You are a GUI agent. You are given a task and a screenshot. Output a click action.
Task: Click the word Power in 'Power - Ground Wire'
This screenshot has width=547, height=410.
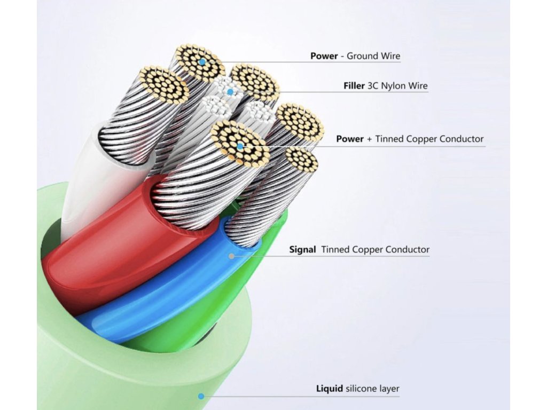click(x=324, y=56)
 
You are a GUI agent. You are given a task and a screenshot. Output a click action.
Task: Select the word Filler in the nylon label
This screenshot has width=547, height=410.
click(x=354, y=86)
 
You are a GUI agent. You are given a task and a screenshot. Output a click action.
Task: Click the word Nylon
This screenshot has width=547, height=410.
click(x=393, y=86)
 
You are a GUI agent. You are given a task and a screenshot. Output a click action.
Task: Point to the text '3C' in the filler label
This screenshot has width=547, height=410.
click(x=373, y=86)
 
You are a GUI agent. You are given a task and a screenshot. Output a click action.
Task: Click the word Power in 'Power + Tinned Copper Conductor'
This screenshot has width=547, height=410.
click(x=350, y=139)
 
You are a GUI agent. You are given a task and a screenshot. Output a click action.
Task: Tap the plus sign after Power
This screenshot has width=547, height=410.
click(x=370, y=139)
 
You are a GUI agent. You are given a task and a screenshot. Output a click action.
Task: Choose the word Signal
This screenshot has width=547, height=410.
click(x=302, y=250)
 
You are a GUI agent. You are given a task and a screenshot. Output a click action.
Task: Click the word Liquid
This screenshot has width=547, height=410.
click(x=330, y=389)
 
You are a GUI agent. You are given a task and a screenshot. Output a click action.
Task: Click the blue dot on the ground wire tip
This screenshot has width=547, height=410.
click(x=202, y=62)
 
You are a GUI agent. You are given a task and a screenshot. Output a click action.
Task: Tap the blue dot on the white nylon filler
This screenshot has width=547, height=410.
click(x=230, y=92)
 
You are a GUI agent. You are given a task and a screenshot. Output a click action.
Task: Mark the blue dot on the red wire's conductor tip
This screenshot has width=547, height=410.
click(x=240, y=147)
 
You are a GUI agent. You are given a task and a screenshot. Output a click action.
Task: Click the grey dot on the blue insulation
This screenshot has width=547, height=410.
click(x=231, y=256)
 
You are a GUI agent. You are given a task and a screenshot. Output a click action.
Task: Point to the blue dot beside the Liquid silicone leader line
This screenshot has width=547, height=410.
click(x=201, y=396)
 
